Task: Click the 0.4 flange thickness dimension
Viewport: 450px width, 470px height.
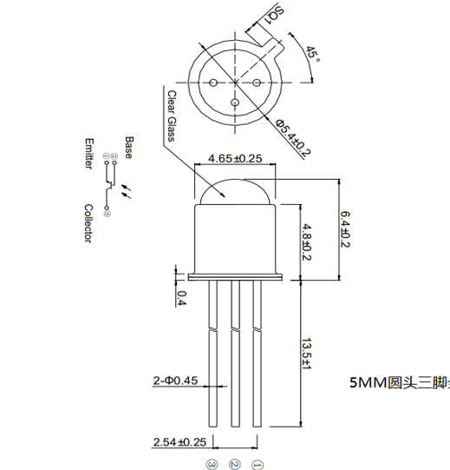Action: pyautogui.click(x=181, y=298)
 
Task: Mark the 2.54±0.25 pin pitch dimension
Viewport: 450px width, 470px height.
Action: pyautogui.click(x=179, y=442)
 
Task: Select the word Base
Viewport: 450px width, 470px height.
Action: pyautogui.click(x=128, y=145)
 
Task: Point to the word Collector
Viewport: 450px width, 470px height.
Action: pyautogui.click(x=88, y=223)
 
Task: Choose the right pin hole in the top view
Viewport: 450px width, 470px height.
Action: pyautogui.click(x=257, y=83)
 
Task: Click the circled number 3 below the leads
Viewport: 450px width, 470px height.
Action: pyautogui.click(x=212, y=463)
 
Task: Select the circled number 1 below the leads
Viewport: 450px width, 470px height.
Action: pyautogui.click(x=256, y=463)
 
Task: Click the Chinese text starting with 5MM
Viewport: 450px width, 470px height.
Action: pyautogui.click(x=398, y=382)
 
